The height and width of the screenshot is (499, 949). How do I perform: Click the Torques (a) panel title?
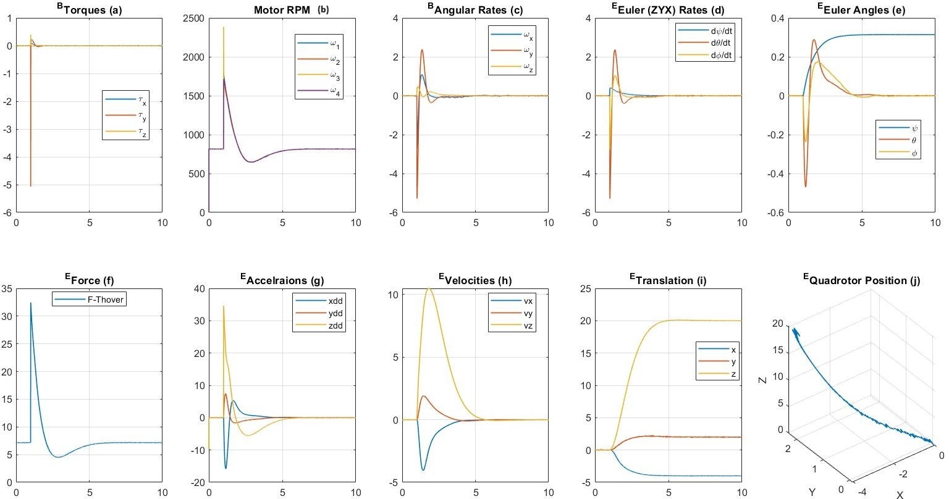pyautogui.click(x=89, y=10)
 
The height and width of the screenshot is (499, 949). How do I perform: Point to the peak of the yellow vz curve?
pyautogui.click(x=428, y=288)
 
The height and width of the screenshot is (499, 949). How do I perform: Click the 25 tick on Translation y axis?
pyautogui.click(x=584, y=288)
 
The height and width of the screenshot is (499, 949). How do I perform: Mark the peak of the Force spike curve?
pyautogui.click(x=31, y=303)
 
